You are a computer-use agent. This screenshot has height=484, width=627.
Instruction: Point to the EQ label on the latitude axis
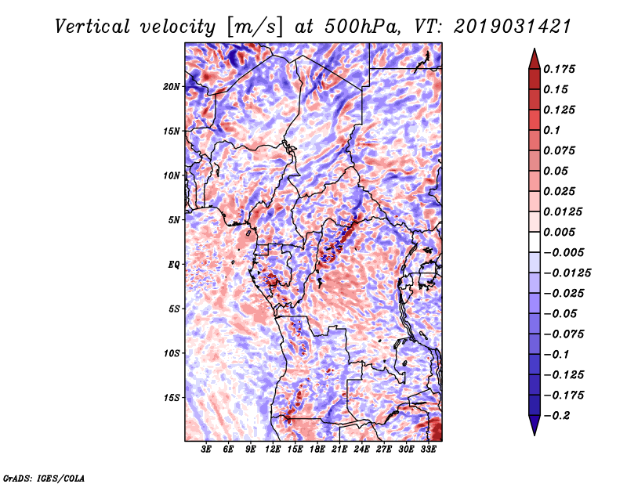point(174,264)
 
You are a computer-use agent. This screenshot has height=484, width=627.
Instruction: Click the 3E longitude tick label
point(206,450)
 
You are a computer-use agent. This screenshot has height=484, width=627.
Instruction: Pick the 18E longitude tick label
point(317,450)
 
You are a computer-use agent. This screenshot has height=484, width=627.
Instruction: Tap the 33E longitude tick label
point(428,450)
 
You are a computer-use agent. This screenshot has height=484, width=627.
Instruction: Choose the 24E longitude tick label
point(362,450)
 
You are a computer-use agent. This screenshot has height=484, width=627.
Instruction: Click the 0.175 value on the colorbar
point(560,69)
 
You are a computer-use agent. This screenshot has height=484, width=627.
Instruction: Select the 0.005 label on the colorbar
point(560,232)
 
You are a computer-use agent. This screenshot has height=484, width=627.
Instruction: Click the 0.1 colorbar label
point(552,130)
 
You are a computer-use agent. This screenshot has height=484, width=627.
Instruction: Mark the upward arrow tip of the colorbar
point(533,51)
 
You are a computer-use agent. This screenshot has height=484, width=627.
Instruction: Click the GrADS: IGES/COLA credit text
point(44,477)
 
